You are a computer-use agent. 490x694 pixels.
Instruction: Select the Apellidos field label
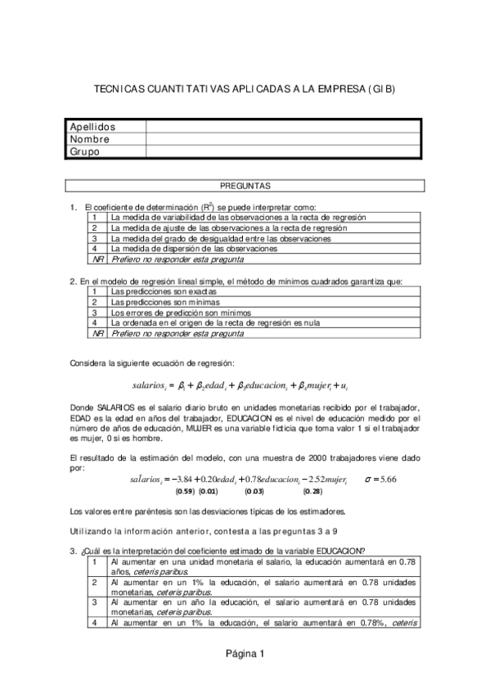tap(92, 127)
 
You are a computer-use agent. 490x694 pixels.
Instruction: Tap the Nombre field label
tap(89, 139)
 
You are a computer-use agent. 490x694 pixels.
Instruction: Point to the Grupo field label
tap(84, 151)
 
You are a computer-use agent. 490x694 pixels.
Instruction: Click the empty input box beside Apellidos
tap(283, 127)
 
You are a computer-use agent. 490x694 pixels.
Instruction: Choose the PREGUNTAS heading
tap(245, 187)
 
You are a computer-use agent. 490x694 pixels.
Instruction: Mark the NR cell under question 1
tap(97, 259)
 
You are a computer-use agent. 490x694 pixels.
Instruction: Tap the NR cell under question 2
tap(97, 333)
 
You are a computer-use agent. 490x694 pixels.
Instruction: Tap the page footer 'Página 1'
tap(245, 653)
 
